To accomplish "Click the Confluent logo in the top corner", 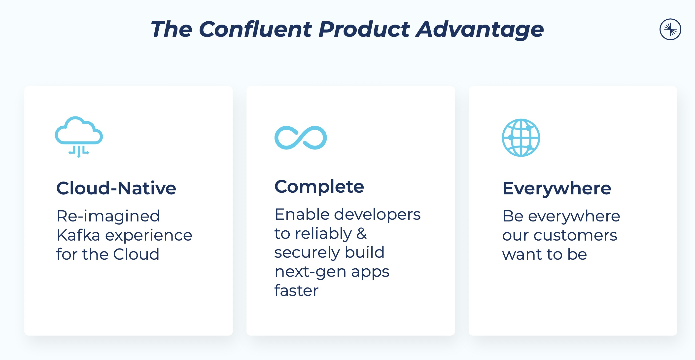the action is point(670,29).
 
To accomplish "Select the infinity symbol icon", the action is point(301,138).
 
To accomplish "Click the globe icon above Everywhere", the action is point(521,138).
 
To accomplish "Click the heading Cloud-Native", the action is point(116,188).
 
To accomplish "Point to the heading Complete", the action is point(319,187).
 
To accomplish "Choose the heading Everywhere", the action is point(556,188).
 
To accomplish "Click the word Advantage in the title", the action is point(480,30).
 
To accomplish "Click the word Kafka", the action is point(78,235).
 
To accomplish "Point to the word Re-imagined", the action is point(108,216).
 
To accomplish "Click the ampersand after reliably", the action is point(362,233).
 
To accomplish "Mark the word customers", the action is point(575,236).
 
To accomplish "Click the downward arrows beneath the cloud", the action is point(79,151).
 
